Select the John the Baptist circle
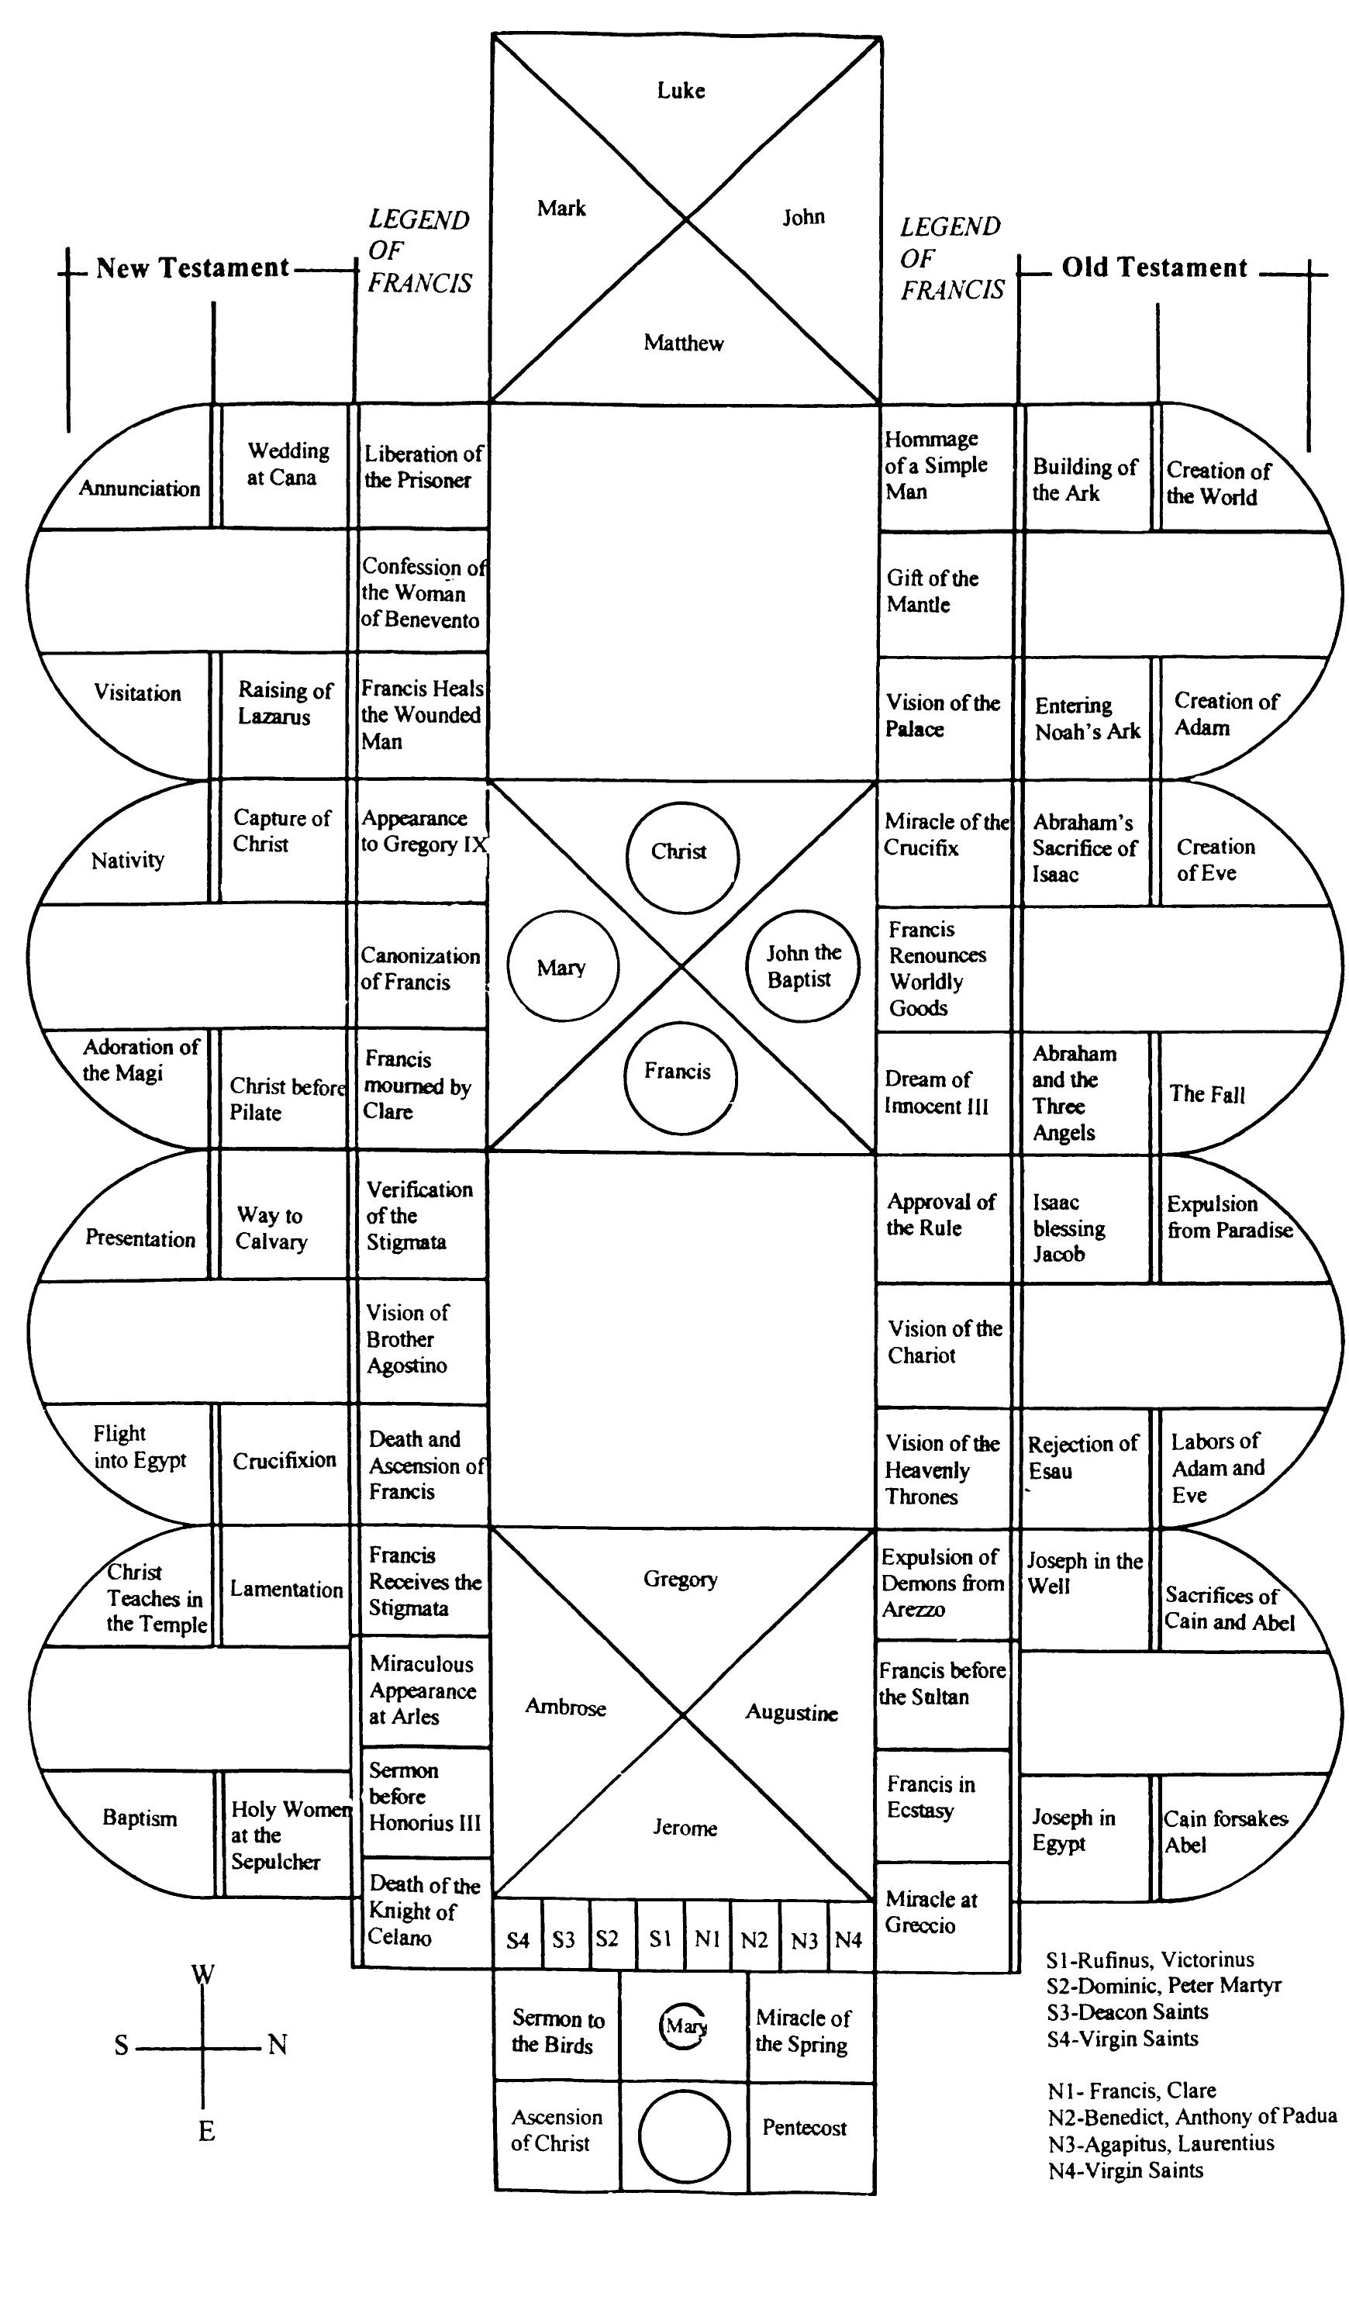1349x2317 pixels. tap(802, 965)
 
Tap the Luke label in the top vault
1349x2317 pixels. tap(681, 90)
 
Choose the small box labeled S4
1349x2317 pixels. tap(518, 1939)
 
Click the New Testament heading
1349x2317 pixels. tap(192, 268)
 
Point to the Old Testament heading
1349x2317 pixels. tap(1154, 268)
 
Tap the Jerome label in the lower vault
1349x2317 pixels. tap(684, 1827)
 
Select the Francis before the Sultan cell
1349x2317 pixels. tap(942, 1683)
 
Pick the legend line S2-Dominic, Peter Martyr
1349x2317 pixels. tap(1163, 1985)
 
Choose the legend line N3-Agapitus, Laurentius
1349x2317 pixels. tap(1161, 2143)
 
